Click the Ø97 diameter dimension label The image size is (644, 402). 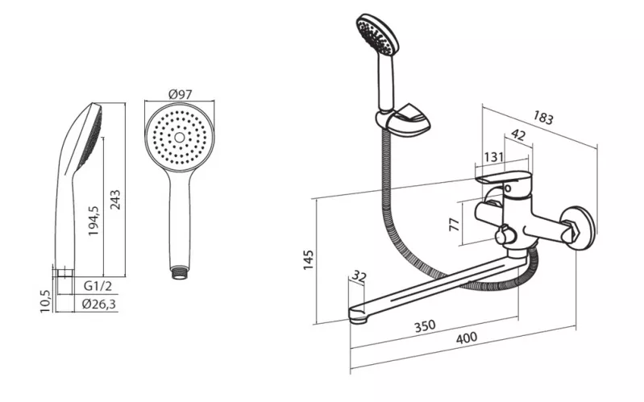181,94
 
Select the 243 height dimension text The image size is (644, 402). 116,200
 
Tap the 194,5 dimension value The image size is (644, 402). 93,221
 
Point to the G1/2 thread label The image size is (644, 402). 98,286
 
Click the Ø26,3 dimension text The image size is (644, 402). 99,305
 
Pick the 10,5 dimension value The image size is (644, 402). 45,301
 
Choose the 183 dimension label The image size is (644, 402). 543,118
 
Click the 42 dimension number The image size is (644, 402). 518,135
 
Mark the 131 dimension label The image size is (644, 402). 493,157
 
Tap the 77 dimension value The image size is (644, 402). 455,224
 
